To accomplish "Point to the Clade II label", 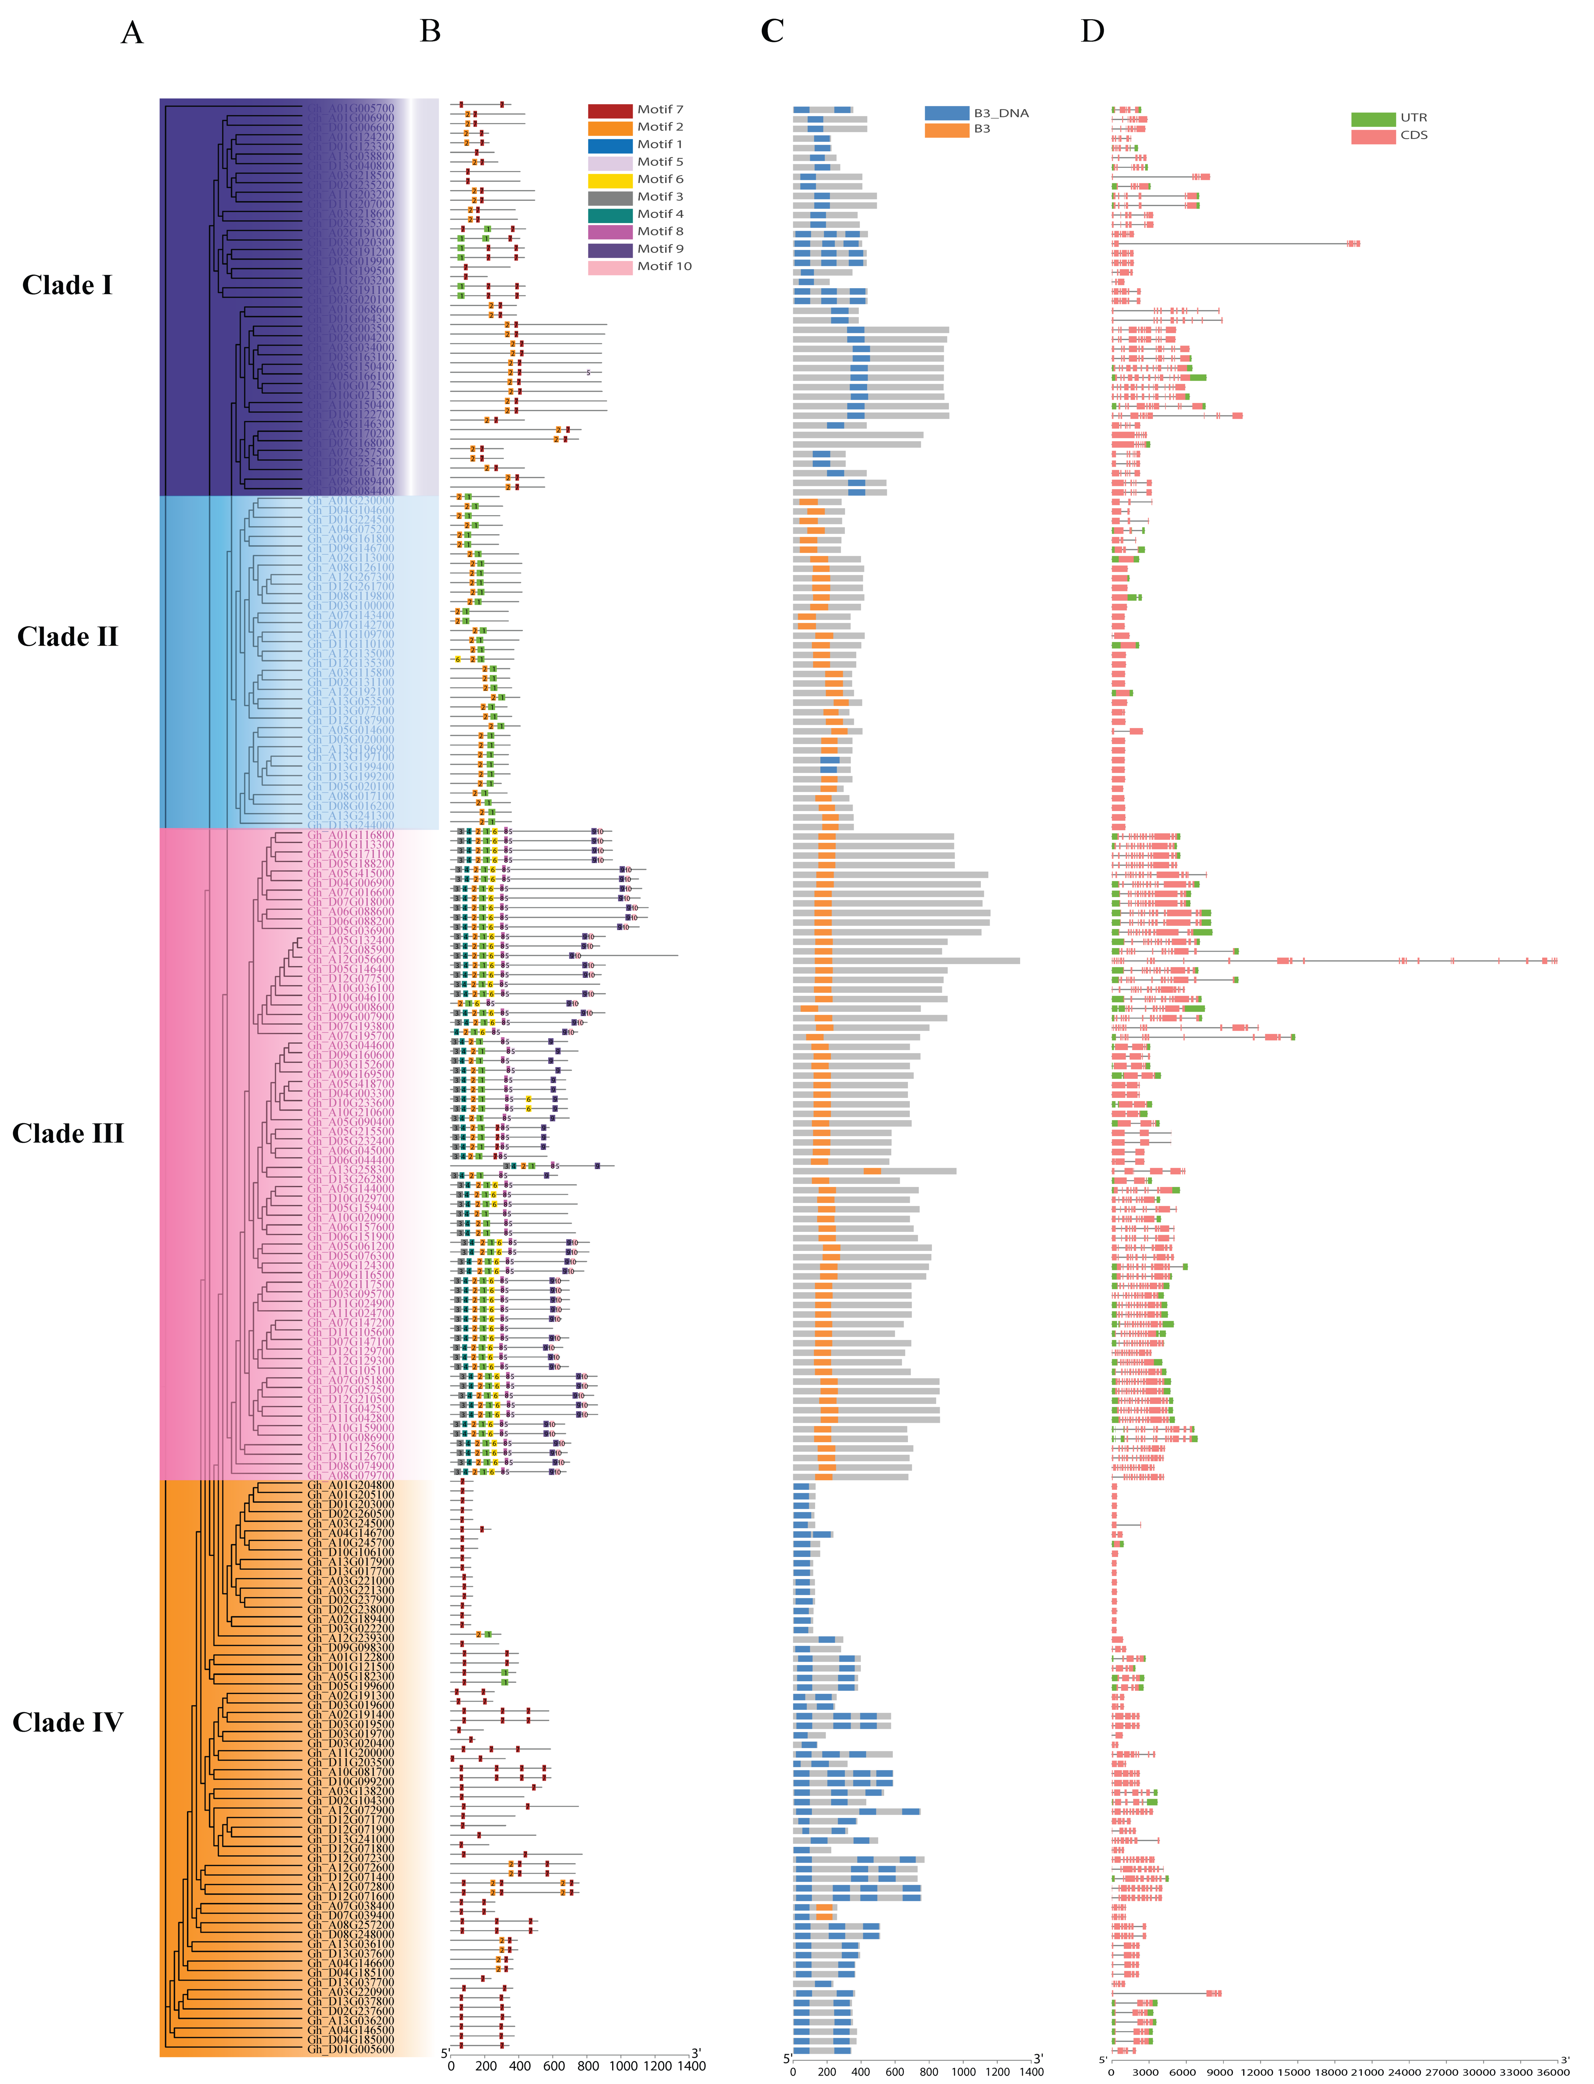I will click(x=67, y=637).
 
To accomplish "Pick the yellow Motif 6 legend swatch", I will click(x=610, y=179).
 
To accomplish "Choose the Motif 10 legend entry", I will click(x=664, y=267).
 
